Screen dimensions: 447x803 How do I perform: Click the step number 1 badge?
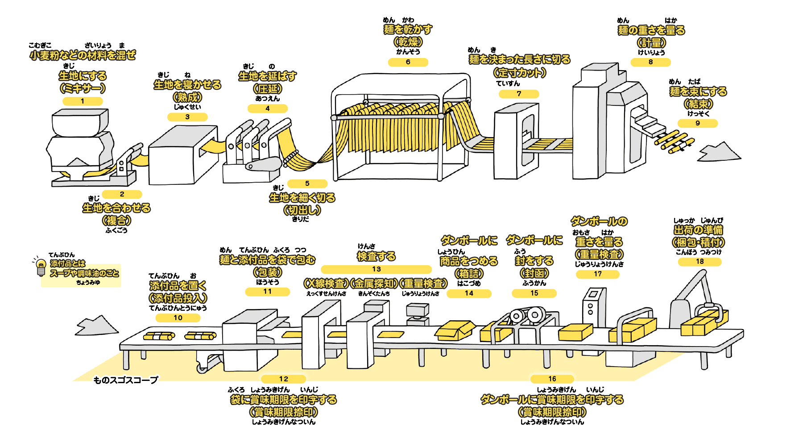pos(83,101)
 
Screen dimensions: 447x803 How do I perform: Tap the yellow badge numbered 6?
pos(408,62)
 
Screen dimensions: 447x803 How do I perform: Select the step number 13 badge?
pos(376,269)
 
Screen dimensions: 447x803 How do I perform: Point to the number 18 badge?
pos(700,262)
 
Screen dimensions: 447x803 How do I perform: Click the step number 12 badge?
pos(284,379)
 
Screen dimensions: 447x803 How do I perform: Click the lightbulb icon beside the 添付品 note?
pos(41,266)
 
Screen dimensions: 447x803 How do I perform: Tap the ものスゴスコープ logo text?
pos(126,380)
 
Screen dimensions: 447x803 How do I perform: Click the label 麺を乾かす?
pos(408,29)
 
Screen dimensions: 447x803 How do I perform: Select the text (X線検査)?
pos(326,284)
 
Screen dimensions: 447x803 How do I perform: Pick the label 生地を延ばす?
pos(267,76)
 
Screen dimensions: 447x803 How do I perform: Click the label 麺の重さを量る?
pos(651,30)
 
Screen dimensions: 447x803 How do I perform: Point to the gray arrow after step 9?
pos(719,152)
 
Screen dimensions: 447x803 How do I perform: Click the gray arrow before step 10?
pos(97,326)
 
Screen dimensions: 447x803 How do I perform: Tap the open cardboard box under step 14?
pos(455,330)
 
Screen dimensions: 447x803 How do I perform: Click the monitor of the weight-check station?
pos(417,309)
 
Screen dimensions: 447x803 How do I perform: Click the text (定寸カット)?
pos(519,72)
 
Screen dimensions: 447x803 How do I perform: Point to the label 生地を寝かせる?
pos(187,85)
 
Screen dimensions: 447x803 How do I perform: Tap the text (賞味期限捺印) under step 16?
pos(552,412)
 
